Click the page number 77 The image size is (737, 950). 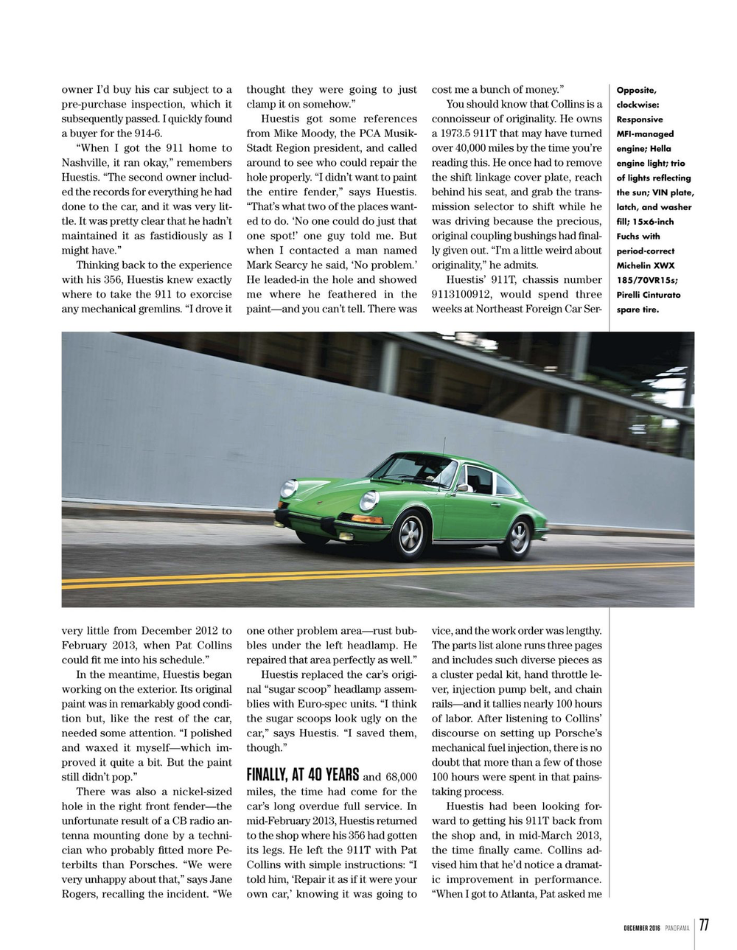click(705, 926)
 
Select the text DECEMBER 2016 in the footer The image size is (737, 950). click(638, 927)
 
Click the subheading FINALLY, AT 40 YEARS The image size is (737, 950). click(302, 775)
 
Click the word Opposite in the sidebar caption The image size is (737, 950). click(636, 91)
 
